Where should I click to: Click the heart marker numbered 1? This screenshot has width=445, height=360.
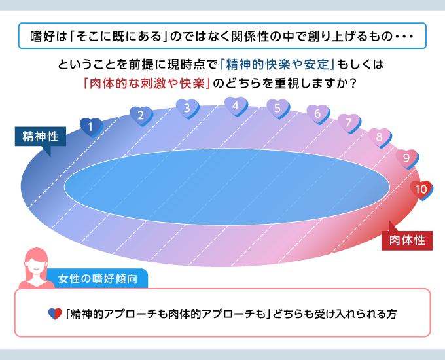(91, 128)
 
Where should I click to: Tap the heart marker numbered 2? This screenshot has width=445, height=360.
(141, 116)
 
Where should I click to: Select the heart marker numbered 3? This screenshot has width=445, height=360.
(187, 109)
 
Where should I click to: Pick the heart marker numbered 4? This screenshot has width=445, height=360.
(236, 107)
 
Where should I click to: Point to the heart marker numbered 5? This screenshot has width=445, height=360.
(278, 109)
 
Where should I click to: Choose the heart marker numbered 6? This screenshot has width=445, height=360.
(318, 114)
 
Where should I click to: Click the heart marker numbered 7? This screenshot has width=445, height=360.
(349, 123)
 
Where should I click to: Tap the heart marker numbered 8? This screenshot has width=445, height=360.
(380, 138)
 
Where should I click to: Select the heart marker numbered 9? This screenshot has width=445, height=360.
(407, 158)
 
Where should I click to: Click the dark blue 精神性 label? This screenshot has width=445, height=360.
(41, 137)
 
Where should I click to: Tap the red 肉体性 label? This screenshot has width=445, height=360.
(407, 241)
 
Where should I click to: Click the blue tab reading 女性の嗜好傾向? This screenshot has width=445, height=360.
(98, 279)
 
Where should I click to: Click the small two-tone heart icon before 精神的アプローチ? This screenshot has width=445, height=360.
(55, 314)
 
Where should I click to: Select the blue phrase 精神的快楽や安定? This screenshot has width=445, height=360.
(278, 65)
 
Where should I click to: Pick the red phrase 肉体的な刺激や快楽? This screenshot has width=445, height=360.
(147, 84)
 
